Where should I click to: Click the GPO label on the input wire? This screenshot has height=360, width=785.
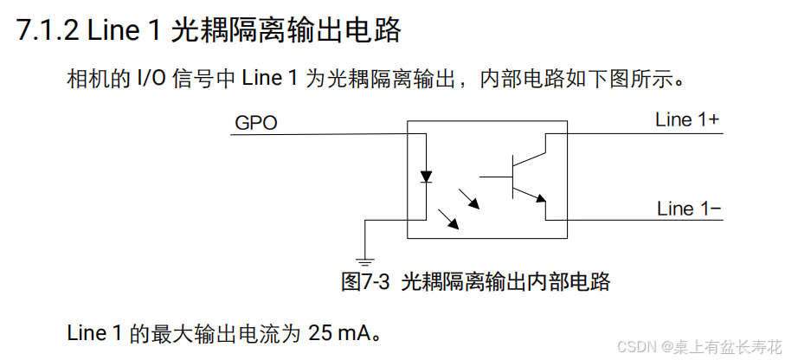click(x=255, y=124)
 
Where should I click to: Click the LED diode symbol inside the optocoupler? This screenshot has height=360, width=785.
click(x=426, y=177)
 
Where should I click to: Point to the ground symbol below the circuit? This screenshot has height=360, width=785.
click(x=366, y=259)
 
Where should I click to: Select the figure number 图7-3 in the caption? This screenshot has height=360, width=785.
click(x=367, y=282)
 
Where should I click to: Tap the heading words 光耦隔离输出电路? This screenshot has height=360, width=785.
click(x=287, y=31)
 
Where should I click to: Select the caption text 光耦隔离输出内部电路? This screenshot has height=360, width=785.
click(x=506, y=282)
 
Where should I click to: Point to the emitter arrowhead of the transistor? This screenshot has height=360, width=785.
click(x=543, y=199)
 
